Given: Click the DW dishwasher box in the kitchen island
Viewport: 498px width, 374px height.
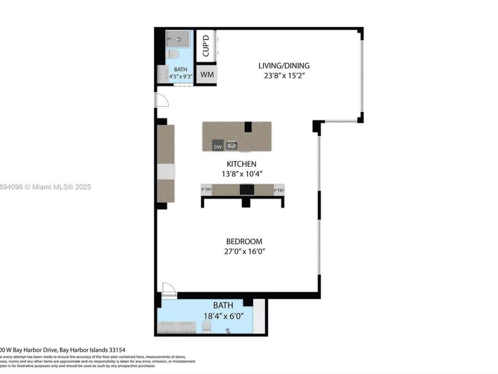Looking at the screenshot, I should tap(218, 146).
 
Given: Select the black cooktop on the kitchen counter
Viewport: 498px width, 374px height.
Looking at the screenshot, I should tap(247, 190).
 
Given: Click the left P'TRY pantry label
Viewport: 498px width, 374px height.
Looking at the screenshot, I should tap(206, 190).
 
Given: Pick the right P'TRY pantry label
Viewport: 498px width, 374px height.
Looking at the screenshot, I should tap(279, 190).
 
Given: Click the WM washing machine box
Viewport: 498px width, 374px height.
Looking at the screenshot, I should tap(207, 74).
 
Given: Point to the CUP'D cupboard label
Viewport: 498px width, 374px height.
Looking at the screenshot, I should tap(205, 45).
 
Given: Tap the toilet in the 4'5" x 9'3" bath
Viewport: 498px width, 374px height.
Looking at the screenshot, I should tap(173, 54).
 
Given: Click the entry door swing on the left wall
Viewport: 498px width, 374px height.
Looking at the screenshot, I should tap(162, 100).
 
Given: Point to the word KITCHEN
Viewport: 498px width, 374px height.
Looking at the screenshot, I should tap(241, 164).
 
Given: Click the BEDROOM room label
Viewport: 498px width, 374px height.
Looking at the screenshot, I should tap(244, 242).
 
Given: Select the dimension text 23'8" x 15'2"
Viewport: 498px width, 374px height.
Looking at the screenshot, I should tap(284, 76).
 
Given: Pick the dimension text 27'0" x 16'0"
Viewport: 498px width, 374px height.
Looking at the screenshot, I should tap(244, 251).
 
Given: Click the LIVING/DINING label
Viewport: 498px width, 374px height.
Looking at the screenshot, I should tap(284, 66).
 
